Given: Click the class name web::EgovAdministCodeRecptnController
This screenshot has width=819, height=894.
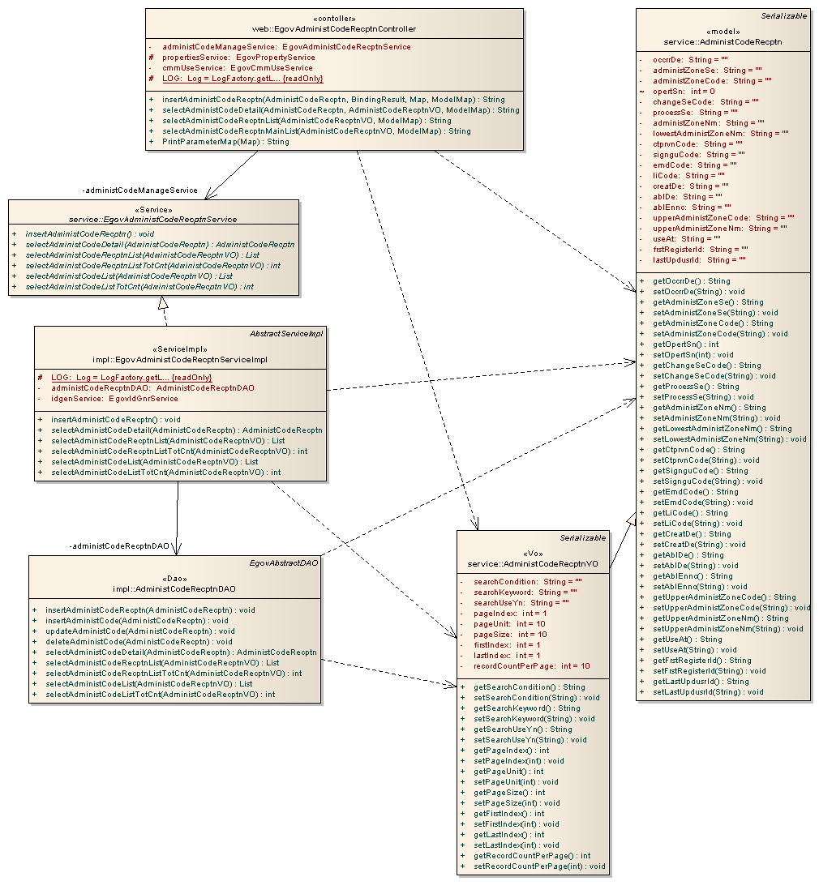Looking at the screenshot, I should pyautogui.click(x=333, y=29).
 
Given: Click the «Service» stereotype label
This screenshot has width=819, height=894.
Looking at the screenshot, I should pyautogui.click(x=153, y=209).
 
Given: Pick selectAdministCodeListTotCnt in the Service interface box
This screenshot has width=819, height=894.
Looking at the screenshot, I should pyautogui.click(x=139, y=286).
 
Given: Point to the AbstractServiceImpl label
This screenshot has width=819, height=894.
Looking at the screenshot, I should pyautogui.click(x=286, y=333).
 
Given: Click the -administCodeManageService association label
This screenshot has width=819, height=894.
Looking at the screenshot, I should pyautogui.click(x=140, y=190).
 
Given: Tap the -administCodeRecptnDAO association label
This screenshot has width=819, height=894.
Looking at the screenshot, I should pyautogui.click(x=120, y=546).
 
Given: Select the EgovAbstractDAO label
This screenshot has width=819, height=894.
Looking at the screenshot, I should pyautogui.click(x=286, y=562).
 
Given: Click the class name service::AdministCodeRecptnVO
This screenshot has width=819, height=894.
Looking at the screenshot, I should pyautogui.click(x=533, y=563).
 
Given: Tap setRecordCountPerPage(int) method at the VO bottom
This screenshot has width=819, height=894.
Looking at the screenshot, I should pyautogui.click(x=539, y=866).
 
